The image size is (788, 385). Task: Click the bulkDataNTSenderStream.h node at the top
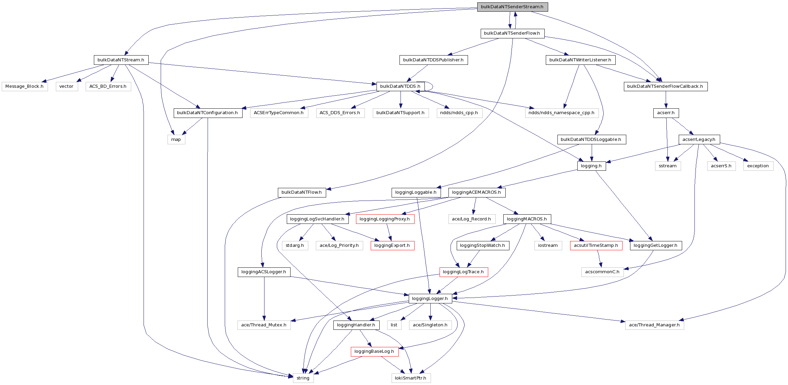512,7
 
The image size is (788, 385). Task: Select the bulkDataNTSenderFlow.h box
512,33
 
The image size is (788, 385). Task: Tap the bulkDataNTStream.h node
121,60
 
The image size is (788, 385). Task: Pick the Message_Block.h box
24,86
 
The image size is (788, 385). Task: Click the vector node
66,86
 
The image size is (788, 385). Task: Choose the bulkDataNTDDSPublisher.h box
433,60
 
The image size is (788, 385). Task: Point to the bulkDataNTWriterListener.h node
580,60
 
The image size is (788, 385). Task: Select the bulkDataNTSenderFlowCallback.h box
665,86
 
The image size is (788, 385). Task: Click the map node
176,140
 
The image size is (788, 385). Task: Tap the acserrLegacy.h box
699,140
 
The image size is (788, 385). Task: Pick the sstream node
668,166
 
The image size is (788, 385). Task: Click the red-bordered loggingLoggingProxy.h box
385,219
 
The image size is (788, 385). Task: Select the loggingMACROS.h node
527,219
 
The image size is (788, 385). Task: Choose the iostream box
548,245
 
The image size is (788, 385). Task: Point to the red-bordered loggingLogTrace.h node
464,272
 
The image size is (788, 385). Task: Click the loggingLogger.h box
430,299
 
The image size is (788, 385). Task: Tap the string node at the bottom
303,378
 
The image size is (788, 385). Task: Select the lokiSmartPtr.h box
411,378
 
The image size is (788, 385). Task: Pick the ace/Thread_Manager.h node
654,325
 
